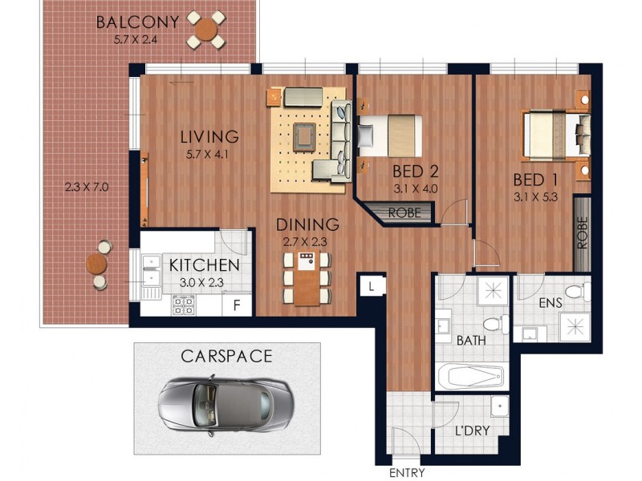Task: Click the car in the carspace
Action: pos(225,401)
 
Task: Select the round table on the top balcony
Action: pos(206,30)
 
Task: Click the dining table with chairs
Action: pos(306,278)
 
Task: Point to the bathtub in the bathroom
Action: pos(470,376)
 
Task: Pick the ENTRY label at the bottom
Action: pos(407,473)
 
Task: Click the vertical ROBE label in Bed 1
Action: pos(582,233)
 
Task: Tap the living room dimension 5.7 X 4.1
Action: pos(205,156)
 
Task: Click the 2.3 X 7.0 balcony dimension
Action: pos(86,188)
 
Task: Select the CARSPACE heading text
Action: pos(226,356)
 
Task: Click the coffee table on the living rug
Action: pos(304,136)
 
